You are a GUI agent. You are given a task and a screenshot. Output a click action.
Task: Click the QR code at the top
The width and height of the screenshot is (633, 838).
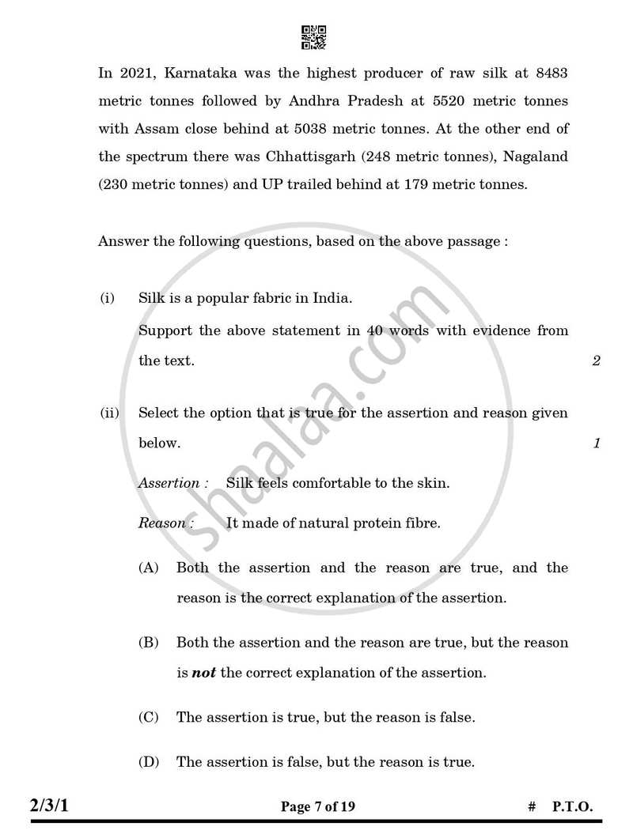314,37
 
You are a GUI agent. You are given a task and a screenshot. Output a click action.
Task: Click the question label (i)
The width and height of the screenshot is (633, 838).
107,298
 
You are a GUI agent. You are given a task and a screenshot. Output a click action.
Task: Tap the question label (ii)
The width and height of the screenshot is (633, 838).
108,413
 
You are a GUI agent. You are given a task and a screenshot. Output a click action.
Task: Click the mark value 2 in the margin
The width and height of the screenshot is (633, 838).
596,361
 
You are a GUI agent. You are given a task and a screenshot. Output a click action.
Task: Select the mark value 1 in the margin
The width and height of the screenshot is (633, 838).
597,444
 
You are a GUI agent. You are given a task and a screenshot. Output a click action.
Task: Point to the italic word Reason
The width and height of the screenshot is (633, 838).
161,523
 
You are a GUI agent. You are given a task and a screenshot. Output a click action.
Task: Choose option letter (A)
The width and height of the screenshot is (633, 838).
149,568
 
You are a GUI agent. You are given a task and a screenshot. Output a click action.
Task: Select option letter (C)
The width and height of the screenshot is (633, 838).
149,717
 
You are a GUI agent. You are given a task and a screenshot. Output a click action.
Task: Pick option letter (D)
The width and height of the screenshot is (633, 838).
149,762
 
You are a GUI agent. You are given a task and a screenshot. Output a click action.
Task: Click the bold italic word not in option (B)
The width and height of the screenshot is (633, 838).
204,673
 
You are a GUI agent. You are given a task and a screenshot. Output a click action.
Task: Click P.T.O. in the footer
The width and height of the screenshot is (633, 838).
572,807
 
